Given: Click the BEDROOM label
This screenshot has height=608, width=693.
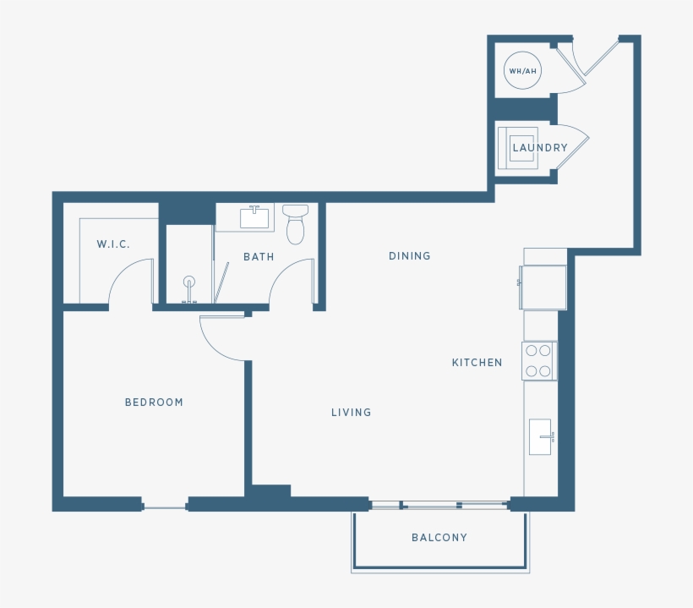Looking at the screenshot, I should (x=154, y=403).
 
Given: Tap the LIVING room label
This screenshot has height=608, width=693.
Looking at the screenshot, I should (x=351, y=413).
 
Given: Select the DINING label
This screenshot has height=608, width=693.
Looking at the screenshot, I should (x=409, y=256).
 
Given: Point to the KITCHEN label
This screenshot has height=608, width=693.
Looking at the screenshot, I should (x=477, y=363).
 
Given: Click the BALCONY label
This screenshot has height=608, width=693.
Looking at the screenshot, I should (x=439, y=538).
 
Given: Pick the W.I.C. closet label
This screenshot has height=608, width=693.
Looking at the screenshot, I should (x=113, y=244).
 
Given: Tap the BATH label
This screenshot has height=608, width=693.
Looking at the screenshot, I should (x=259, y=256).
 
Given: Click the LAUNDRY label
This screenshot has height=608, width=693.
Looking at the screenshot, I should (x=540, y=148).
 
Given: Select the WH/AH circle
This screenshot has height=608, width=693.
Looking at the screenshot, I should (x=522, y=71).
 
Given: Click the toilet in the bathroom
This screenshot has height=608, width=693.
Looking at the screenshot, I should (x=295, y=224).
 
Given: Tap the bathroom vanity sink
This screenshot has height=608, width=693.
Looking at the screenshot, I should (x=254, y=218).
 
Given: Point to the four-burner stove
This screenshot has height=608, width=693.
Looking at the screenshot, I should (x=539, y=360).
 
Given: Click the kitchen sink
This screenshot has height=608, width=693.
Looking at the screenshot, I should (x=540, y=436).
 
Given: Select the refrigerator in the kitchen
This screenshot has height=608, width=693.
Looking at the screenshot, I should (x=543, y=288).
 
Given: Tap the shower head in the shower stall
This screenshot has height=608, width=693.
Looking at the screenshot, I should (x=189, y=283).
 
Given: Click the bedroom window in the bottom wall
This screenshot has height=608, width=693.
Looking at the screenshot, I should (x=165, y=507).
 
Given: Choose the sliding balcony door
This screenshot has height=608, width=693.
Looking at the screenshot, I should (x=439, y=506).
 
